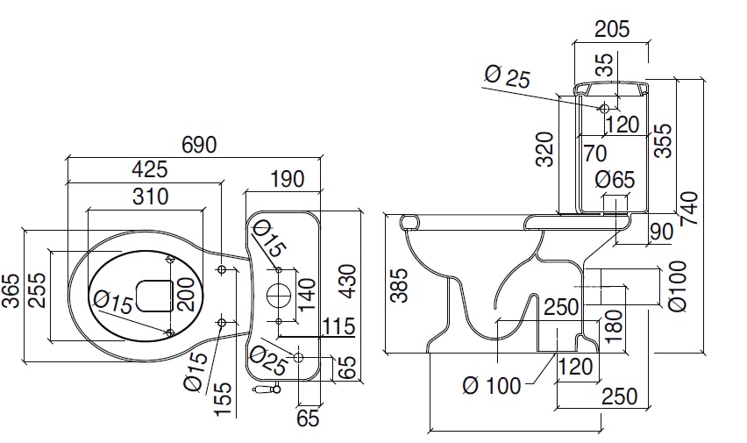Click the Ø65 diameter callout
coord(614,180)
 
